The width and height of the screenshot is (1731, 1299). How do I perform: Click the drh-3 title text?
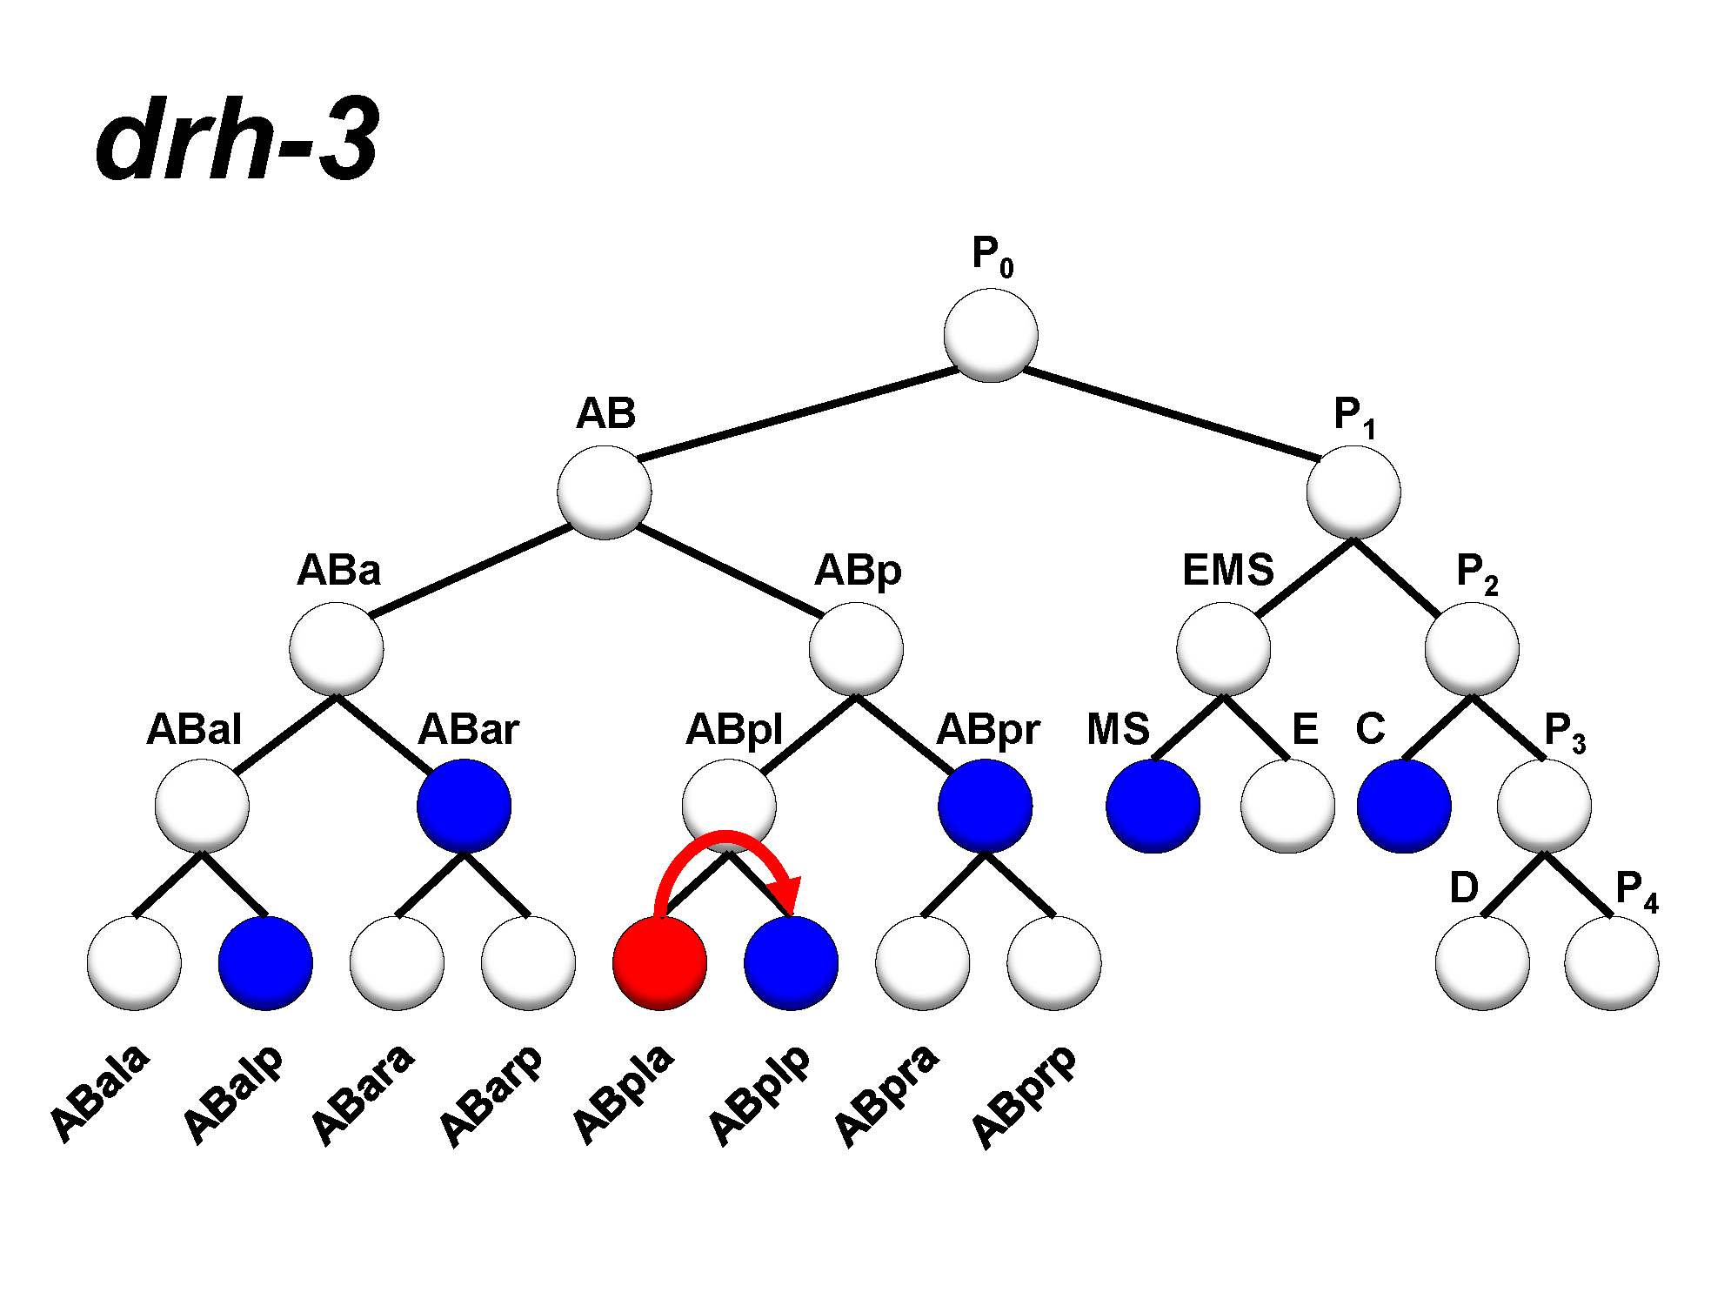coord(237,139)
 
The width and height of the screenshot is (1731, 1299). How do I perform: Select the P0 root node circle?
coord(990,335)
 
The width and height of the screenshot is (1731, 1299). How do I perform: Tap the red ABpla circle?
coord(659,963)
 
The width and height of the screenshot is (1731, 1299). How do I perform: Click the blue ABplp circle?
coord(791,963)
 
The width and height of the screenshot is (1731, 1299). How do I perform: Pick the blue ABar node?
coord(464,806)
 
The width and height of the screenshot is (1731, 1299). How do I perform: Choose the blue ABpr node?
coord(985,806)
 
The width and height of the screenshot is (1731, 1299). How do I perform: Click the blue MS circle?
coord(1153,806)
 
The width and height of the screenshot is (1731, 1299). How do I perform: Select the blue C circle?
coord(1403,806)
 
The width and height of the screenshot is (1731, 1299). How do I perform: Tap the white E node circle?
coord(1287,806)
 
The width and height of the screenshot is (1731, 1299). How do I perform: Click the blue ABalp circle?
coord(265,963)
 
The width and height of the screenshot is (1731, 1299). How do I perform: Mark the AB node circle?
coord(604,492)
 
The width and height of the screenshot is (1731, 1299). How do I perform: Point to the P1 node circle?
coord(1353,492)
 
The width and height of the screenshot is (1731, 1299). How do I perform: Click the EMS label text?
coord(1227,571)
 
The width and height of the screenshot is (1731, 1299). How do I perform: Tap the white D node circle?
coord(1482,963)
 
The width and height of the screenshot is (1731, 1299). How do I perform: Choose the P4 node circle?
coord(1611,963)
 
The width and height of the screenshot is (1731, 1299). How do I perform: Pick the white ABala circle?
coord(134,963)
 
